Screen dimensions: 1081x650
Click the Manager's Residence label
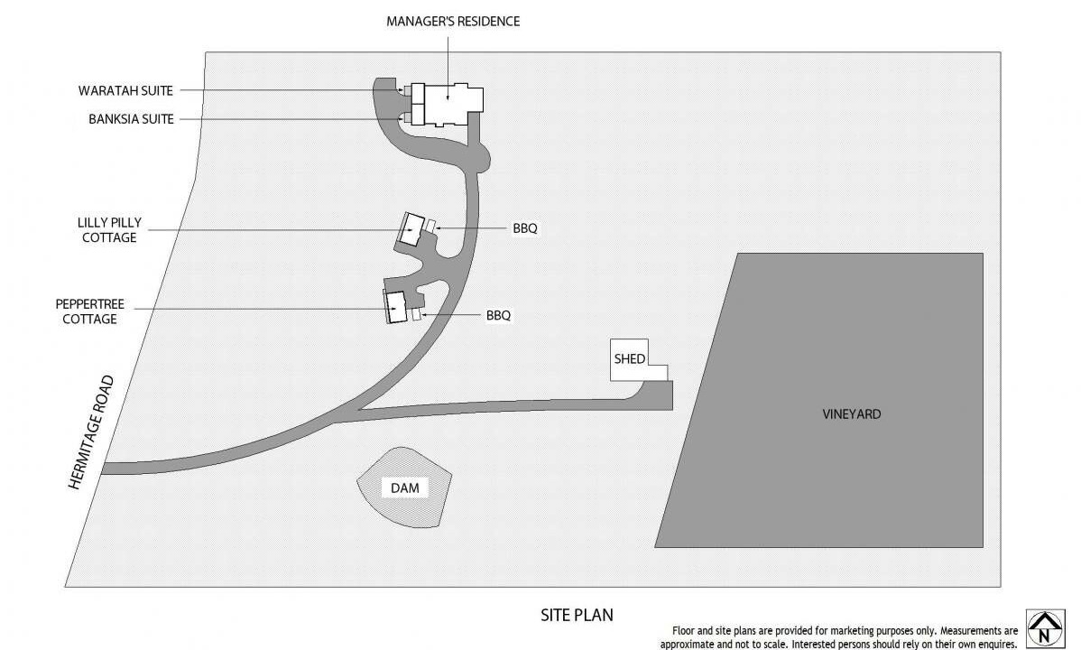[453, 22]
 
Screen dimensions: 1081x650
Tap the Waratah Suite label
[125, 90]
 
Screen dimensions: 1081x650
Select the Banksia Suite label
[131, 119]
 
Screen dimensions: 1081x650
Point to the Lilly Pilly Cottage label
[109, 230]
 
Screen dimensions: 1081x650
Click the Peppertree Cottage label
[89, 311]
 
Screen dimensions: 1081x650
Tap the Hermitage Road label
[91, 432]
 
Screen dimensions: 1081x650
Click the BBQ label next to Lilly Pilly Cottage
[524, 228]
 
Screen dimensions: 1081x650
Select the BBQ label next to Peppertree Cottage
[498, 315]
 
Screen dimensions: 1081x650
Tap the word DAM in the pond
[404, 487]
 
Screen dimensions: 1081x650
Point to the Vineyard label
[852, 414]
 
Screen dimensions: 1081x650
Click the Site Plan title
[577, 615]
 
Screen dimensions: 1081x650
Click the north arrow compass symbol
[1045, 628]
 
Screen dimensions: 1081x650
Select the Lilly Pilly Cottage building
[413, 229]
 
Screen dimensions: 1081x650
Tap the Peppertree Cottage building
[396, 306]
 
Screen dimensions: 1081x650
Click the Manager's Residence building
[452, 106]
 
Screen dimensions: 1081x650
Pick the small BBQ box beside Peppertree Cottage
[416, 315]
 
